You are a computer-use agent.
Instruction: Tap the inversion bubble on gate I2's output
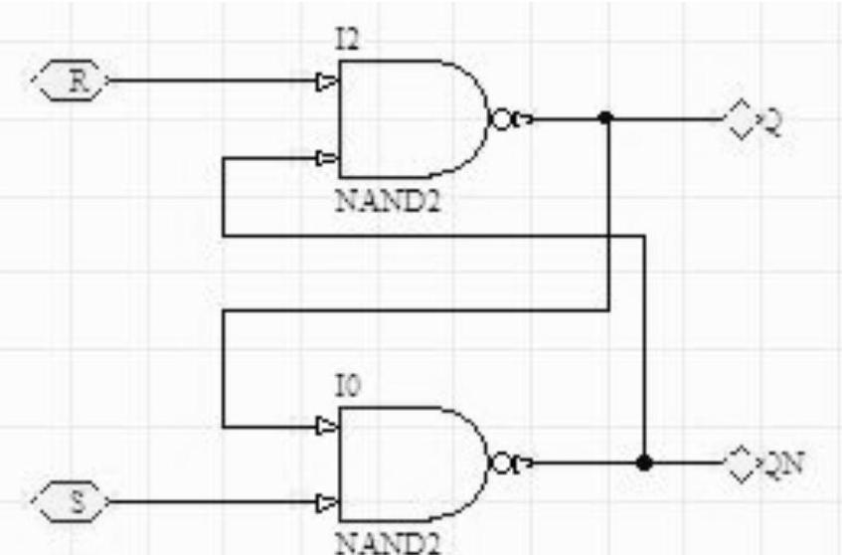[x=501, y=119]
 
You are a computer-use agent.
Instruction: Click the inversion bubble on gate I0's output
[x=501, y=464]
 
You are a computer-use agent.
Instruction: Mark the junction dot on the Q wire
[x=606, y=118]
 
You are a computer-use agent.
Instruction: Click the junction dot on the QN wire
[x=644, y=463]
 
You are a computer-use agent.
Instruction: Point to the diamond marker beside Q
[x=739, y=120]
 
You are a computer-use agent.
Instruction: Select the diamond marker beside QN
[x=741, y=464]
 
